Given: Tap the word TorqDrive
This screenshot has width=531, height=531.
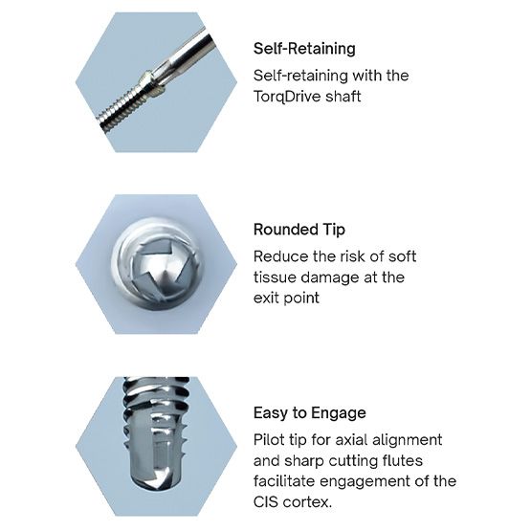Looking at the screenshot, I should pyautogui.click(x=289, y=96).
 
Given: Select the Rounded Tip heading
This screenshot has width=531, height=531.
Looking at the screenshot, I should pyautogui.click(x=298, y=230).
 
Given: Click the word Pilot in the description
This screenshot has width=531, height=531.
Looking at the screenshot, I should pyautogui.click(x=270, y=440).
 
